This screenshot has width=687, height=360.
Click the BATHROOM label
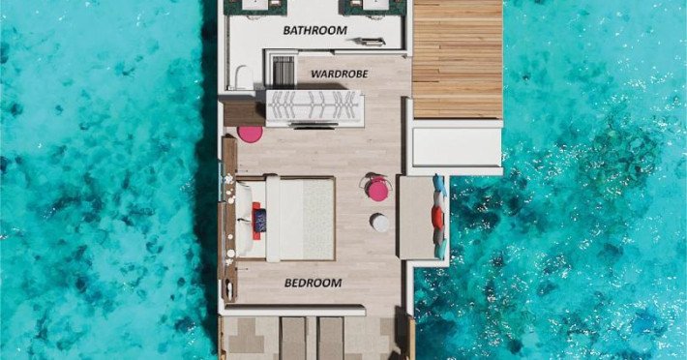coord(315,30)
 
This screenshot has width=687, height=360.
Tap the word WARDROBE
coord(340,74)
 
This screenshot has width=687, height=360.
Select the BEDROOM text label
coord(313,283)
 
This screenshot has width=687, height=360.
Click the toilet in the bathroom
coord(244,77)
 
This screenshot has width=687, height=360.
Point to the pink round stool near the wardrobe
coord(251,134)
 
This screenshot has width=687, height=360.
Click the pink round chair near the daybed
coord(377,189)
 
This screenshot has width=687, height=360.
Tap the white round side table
coord(379,223)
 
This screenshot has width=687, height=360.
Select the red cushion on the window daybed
coord(436,217)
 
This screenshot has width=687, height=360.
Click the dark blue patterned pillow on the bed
coord(260,220)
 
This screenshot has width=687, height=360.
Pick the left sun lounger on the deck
coord(293,339)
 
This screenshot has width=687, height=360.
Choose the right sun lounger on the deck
coord(330,339)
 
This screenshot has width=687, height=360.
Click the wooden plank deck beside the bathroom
coord(458,59)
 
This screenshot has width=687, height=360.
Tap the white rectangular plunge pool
coord(457,147)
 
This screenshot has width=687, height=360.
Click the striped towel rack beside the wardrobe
coord(284,72)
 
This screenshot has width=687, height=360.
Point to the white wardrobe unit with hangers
coord(314,108)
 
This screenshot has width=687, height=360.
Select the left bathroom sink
coord(256,5)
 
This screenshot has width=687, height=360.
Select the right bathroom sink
coord(375,5)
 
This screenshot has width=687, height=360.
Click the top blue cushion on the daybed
coord(440,185)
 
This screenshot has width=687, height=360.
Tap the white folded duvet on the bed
coord(273,219)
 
